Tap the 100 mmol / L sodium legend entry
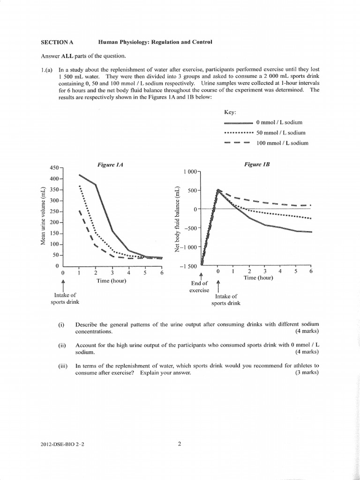pos(282,143)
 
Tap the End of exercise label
pos(199,287)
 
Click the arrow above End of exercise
pos(202,276)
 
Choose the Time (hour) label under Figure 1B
pos(258,278)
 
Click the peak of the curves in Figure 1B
pos(218,190)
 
